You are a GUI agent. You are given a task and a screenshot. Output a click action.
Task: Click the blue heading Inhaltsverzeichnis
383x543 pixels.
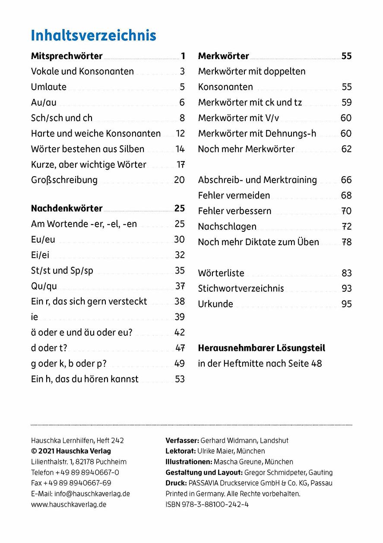pos(93,35)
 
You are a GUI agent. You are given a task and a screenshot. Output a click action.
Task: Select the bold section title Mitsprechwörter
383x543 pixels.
pos(66,56)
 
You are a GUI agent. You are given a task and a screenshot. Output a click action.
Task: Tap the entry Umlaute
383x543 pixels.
pos(49,87)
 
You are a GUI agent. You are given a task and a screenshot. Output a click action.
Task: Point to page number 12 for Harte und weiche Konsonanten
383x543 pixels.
pos(180,133)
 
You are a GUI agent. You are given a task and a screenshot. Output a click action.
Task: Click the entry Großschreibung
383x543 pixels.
pos(64,180)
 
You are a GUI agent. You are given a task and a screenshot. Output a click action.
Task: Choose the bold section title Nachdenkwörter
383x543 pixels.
pos(66,208)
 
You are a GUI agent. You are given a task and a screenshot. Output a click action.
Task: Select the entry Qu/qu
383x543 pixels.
pos(44,286)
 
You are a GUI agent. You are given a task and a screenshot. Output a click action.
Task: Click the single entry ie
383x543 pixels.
pos(35,317)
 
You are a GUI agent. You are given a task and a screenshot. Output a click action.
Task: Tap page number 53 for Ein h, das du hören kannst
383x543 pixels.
pos(180,379)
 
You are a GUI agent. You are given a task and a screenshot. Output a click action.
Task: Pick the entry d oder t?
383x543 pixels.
pos(49,348)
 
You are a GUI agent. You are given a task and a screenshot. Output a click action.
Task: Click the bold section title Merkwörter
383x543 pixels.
pos(223,56)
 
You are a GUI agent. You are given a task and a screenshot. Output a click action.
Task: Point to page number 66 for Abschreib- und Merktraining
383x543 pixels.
pos(346,180)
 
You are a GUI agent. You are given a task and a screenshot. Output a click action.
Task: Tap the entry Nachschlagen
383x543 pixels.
pos(227,227)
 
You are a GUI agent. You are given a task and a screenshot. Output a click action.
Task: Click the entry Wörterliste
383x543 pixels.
pos(221,273)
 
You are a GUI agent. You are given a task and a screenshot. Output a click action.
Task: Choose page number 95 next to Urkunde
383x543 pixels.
pos(346,304)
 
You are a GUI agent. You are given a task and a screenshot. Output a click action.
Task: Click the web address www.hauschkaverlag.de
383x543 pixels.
pos(69,504)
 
